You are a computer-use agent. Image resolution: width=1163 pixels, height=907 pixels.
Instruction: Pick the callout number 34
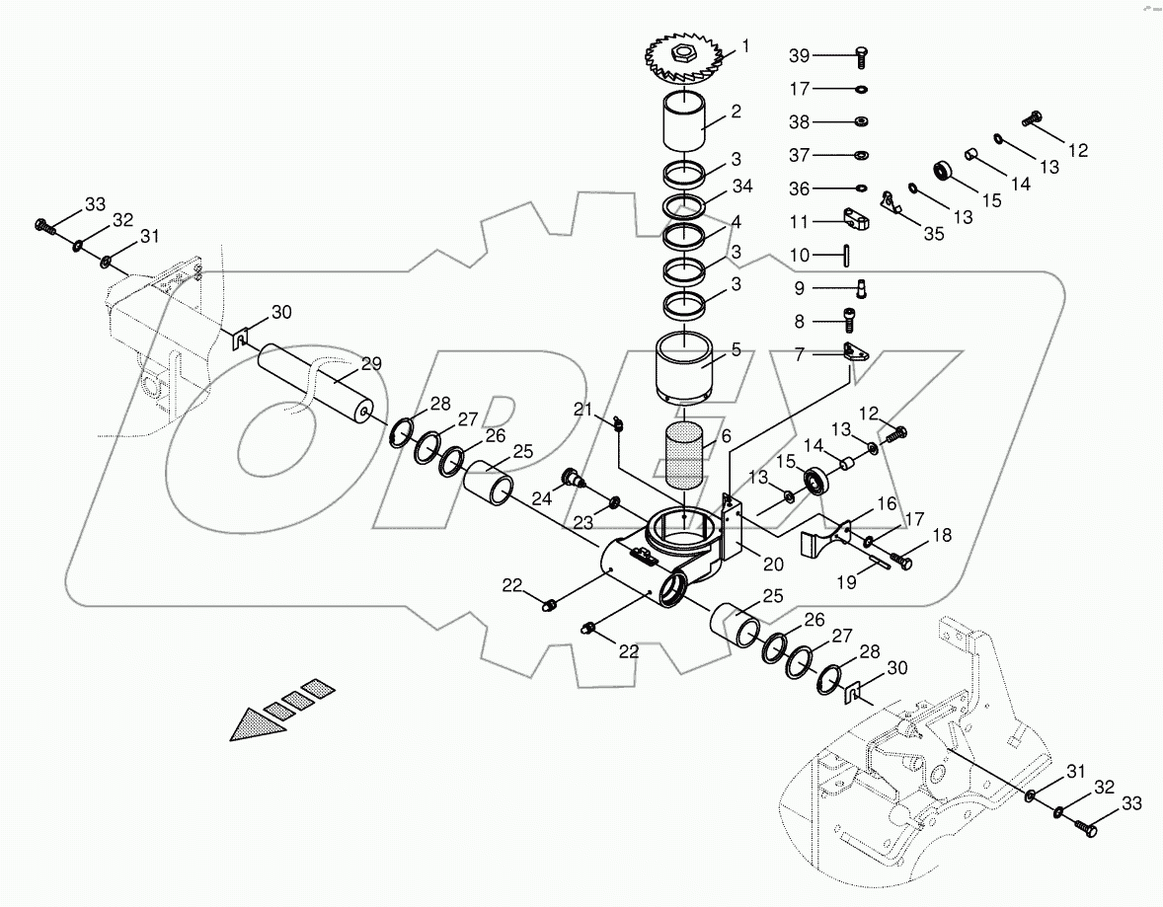click(x=742, y=189)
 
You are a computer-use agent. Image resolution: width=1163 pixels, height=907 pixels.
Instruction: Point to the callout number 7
click(x=800, y=353)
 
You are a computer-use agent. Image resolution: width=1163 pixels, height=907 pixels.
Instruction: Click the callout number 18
click(x=942, y=536)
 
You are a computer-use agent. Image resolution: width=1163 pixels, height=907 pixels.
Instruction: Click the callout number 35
click(x=933, y=233)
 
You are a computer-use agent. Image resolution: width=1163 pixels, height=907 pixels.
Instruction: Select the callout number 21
click(x=582, y=411)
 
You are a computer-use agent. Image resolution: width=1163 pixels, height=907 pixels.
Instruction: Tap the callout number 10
click(x=800, y=255)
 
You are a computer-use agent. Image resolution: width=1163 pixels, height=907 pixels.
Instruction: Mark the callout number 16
click(x=888, y=505)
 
